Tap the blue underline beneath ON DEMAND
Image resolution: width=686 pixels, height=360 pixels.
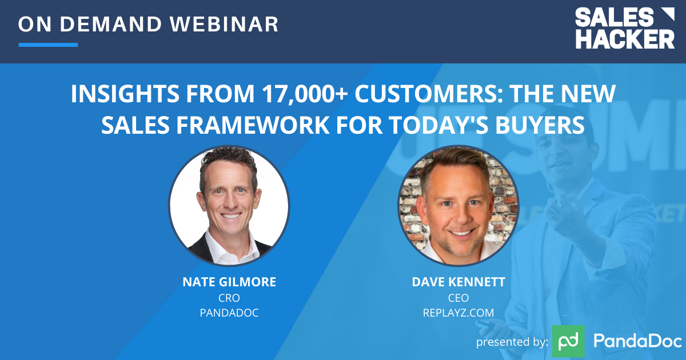(x=48, y=45)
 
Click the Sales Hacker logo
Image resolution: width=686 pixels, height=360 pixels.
(x=624, y=28)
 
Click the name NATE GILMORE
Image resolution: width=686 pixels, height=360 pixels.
(x=229, y=282)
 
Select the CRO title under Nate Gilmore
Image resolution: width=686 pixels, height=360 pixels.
(x=229, y=298)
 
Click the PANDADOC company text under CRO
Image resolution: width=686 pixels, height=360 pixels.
(x=229, y=313)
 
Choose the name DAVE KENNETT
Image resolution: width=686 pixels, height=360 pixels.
(x=457, y=282)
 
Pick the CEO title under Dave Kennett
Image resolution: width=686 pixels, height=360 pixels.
(x=457, y=298)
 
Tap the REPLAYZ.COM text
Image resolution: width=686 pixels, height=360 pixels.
(x=457, y=313)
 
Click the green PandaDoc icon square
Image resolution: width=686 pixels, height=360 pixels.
(x=568, y=341)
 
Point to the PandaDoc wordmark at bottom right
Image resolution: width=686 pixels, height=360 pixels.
(x=637, y=341)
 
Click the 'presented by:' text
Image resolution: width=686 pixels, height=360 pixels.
(x=512, y=342)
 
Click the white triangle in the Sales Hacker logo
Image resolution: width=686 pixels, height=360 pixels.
(x=667, y=15)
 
